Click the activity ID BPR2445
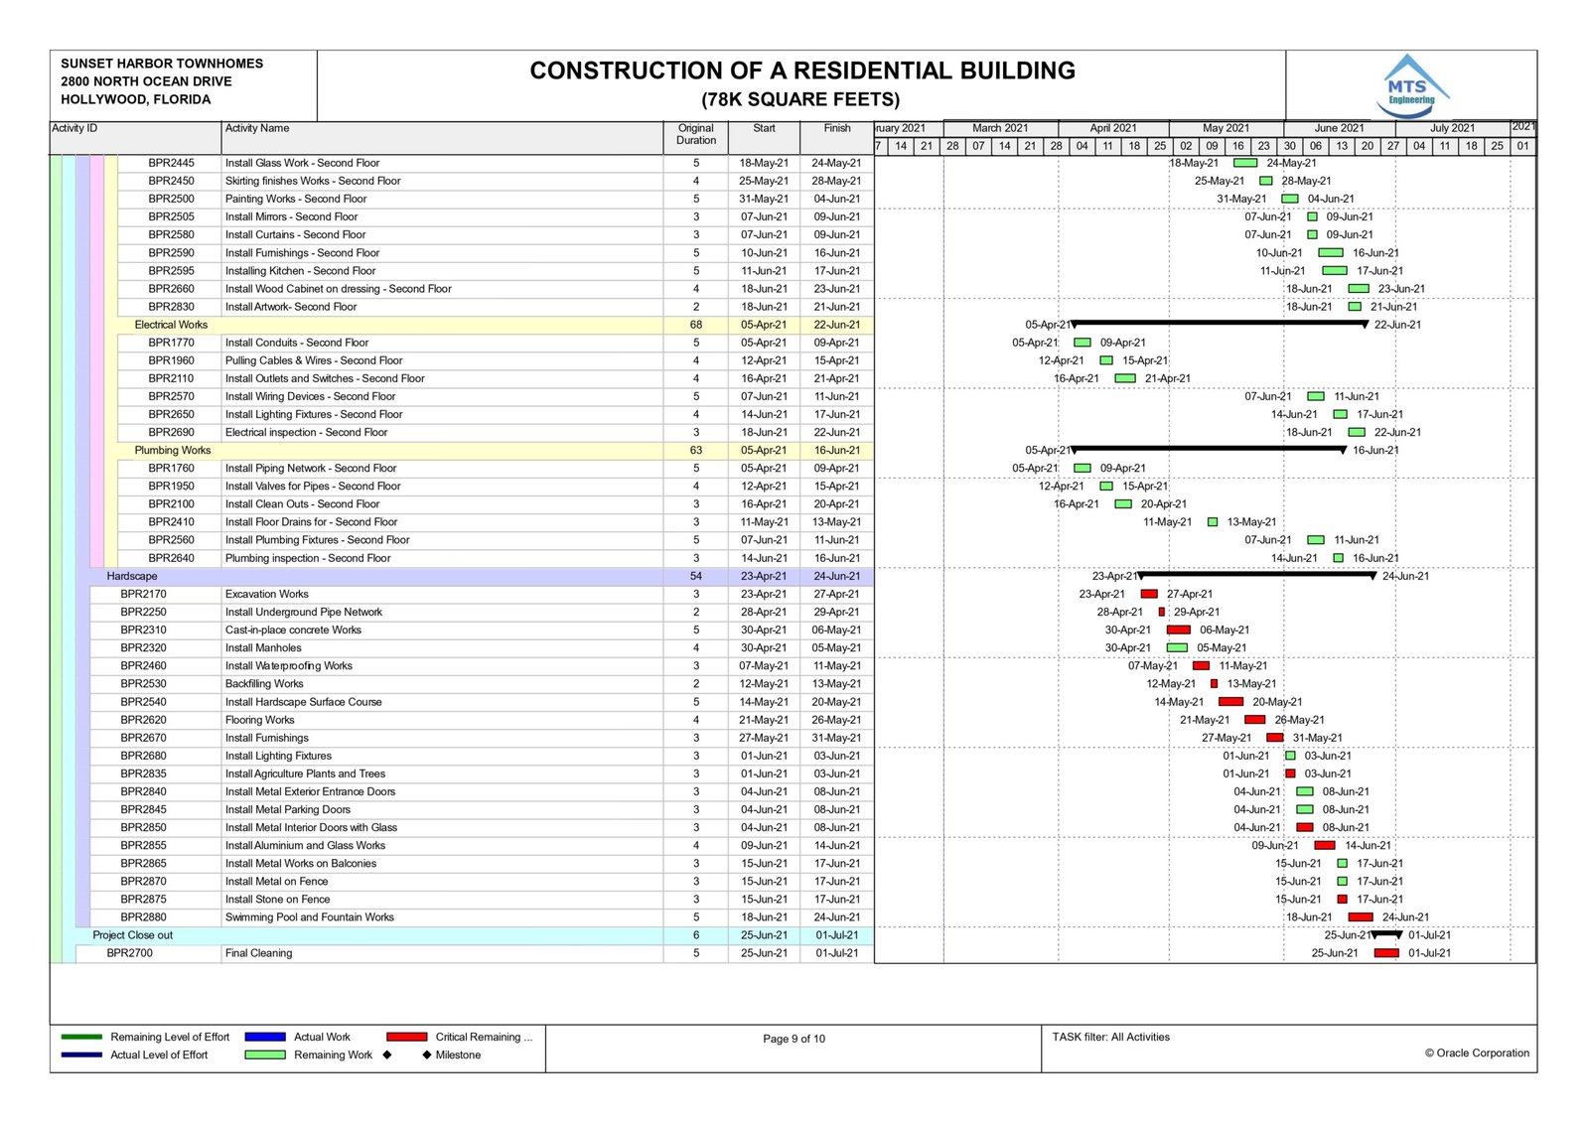coord(171,163)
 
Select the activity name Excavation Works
coord(266,594)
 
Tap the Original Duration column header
coord(695,134)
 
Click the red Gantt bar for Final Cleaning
coord(1386,953)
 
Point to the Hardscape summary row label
coord(132,576)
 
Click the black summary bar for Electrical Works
coord(1220,324)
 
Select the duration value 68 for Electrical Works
coord(695,325)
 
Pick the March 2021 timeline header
coord(1000,128)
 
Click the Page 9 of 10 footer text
coord(794,1039)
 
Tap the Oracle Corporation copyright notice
coord(1477,1053)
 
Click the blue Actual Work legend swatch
coord(265,1037)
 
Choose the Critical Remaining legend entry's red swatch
coord(407,1037)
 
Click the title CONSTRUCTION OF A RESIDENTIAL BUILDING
coord(801,70)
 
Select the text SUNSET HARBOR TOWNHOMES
coord(162,64)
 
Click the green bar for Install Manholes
coord(1177,647)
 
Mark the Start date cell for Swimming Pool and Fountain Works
coord(764,917)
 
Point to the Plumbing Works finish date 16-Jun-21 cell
coord(836,450)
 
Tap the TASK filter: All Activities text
coord(1110,1037)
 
